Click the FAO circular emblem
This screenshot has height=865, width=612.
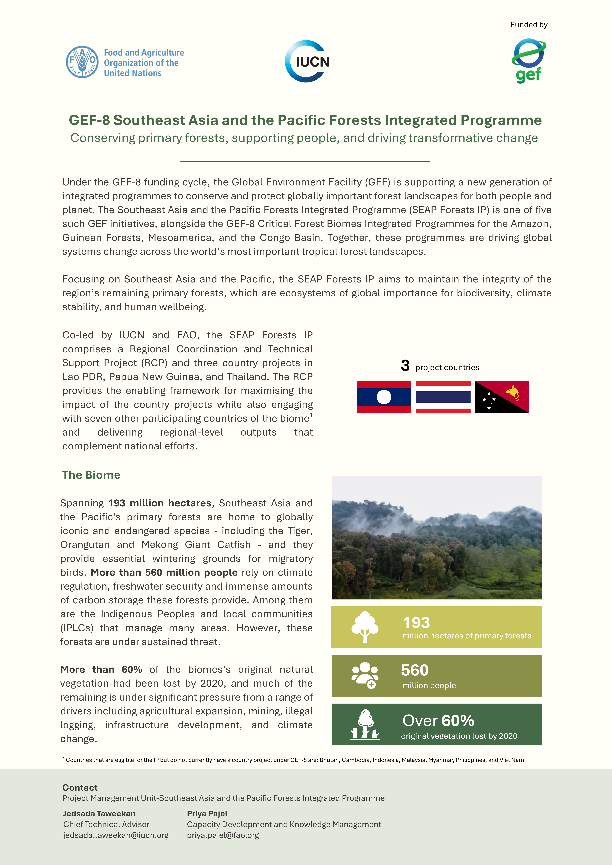point(82,62)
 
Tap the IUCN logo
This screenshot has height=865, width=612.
point(307,61)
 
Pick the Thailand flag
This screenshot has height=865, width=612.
point(443,397)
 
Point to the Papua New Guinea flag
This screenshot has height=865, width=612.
point(502,397)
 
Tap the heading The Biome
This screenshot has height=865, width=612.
point(91,475)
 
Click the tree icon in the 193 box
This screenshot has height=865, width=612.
point(365,627)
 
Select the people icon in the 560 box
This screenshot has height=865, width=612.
point(365,675)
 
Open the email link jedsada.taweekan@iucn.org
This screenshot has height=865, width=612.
point(116,835)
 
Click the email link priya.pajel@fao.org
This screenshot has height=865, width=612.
point(223,835)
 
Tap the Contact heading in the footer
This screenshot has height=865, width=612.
point(80,787)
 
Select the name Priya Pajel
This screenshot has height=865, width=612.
point(207,813)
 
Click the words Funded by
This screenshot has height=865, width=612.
point(529,25)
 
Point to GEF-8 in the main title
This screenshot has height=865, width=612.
point(89,120)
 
